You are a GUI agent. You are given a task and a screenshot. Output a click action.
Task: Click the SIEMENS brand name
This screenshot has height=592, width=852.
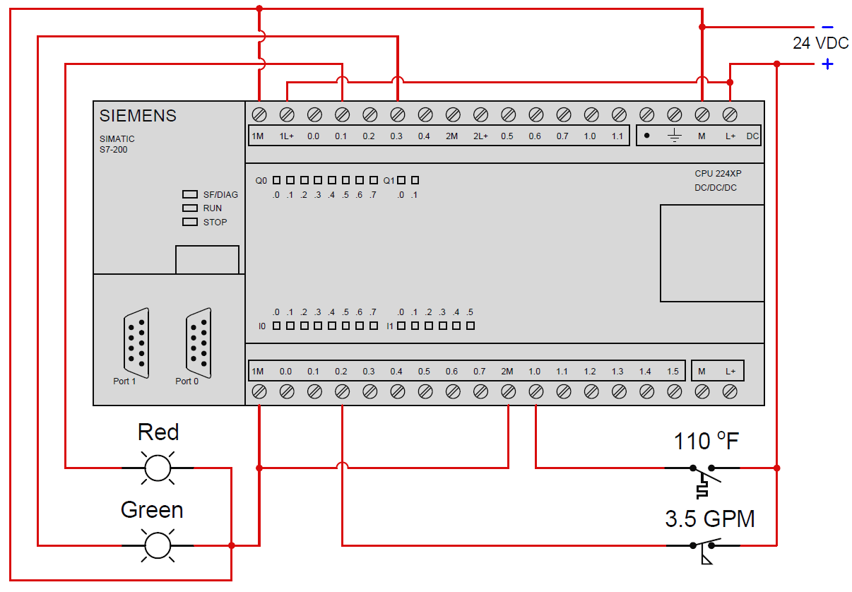138,116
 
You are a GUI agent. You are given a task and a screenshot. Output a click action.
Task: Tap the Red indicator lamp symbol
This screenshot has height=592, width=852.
158,468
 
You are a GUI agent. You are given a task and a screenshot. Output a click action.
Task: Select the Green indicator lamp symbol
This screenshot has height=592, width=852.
158,545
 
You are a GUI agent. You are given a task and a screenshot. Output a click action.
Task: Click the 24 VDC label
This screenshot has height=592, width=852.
820,43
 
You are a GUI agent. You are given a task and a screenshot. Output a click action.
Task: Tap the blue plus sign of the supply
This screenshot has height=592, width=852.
827,64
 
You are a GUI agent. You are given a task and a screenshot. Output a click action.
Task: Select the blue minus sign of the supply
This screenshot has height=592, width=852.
827,27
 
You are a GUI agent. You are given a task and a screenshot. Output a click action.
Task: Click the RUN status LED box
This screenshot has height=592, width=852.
189,208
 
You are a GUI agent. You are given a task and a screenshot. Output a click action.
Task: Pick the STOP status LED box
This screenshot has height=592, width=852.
189,222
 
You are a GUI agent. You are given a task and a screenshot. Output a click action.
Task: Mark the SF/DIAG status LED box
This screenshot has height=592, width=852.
189,194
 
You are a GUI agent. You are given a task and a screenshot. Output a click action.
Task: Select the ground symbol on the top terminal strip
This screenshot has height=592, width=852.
674,136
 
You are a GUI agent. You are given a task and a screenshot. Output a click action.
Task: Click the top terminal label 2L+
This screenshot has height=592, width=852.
480,136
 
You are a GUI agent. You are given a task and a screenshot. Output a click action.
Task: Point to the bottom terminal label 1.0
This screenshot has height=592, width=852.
534,372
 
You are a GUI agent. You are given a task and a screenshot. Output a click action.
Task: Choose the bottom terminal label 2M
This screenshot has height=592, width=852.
507,372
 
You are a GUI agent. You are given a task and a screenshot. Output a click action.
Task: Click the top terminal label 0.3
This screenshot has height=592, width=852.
396,136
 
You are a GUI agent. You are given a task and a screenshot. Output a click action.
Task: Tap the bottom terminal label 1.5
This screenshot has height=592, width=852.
673,372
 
